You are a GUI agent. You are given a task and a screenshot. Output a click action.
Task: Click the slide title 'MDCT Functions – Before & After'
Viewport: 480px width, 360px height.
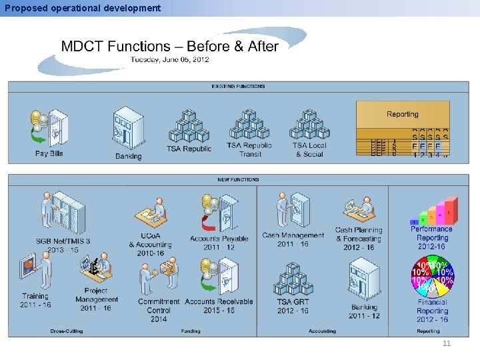pos(169,46)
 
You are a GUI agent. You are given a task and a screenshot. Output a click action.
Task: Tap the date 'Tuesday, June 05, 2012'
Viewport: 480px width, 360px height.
pos(169,59)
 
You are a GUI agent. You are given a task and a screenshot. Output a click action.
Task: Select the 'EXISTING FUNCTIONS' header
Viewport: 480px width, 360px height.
pos(238,86)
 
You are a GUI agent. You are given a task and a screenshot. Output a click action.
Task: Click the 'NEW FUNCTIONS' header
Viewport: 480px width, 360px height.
pos(238,179)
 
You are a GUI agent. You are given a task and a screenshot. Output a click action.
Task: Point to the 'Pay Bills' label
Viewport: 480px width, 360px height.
pos(49,153)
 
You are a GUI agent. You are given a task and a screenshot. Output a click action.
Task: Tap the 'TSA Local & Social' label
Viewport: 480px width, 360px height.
pos(309,149)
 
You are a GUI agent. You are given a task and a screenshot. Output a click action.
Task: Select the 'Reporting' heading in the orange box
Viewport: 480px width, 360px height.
pos(403,114)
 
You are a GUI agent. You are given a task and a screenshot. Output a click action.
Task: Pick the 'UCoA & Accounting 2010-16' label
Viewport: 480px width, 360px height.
pos(150,244)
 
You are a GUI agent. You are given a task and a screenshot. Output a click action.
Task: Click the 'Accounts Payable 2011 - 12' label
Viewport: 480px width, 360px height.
pos(219,243)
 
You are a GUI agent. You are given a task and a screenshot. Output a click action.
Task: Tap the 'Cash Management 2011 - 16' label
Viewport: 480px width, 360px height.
pos(293,239)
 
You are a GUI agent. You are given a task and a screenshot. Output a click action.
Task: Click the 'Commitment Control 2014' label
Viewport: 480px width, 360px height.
pos(159,310)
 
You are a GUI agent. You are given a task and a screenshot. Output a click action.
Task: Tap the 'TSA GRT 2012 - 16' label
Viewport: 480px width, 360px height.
pos(293,306)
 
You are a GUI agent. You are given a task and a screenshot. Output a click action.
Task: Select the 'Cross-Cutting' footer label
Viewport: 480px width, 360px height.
pos(67,331)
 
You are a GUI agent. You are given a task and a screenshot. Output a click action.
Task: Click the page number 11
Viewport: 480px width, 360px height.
pos(447,343)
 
